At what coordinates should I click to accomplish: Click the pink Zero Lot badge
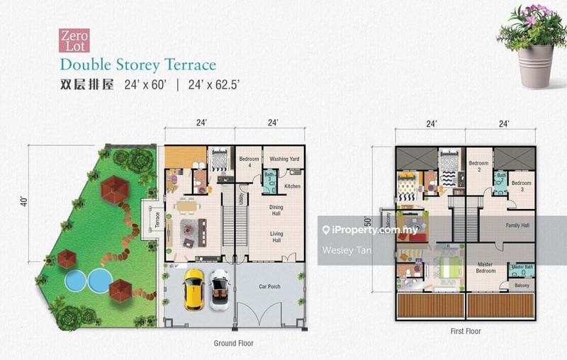click(73, 40)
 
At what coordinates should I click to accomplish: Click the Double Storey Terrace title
click(137, 65)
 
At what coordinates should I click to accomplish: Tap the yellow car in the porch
click(193, 289)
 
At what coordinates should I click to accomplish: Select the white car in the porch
click(220, 289)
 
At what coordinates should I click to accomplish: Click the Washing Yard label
click(283, 159)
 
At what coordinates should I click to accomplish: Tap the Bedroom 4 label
click(248, 162)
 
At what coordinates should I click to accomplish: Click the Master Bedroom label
click(485, 268)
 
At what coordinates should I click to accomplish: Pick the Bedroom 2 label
click(480, 167)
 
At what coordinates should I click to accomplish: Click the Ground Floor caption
click(233, 343)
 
